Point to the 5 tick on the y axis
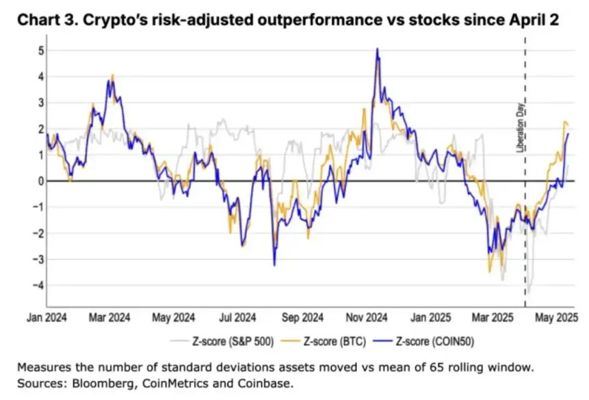(41, 51)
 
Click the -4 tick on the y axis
(40, 285)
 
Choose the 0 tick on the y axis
(41, 181)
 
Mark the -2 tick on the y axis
(40, 233)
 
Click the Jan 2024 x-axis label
(47, 318)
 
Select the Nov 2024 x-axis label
(367, 318)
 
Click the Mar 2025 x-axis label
(495, 318)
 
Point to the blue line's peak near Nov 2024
(376, 49)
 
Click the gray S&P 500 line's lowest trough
(529, 292)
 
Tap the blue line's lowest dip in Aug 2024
(274, 265)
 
